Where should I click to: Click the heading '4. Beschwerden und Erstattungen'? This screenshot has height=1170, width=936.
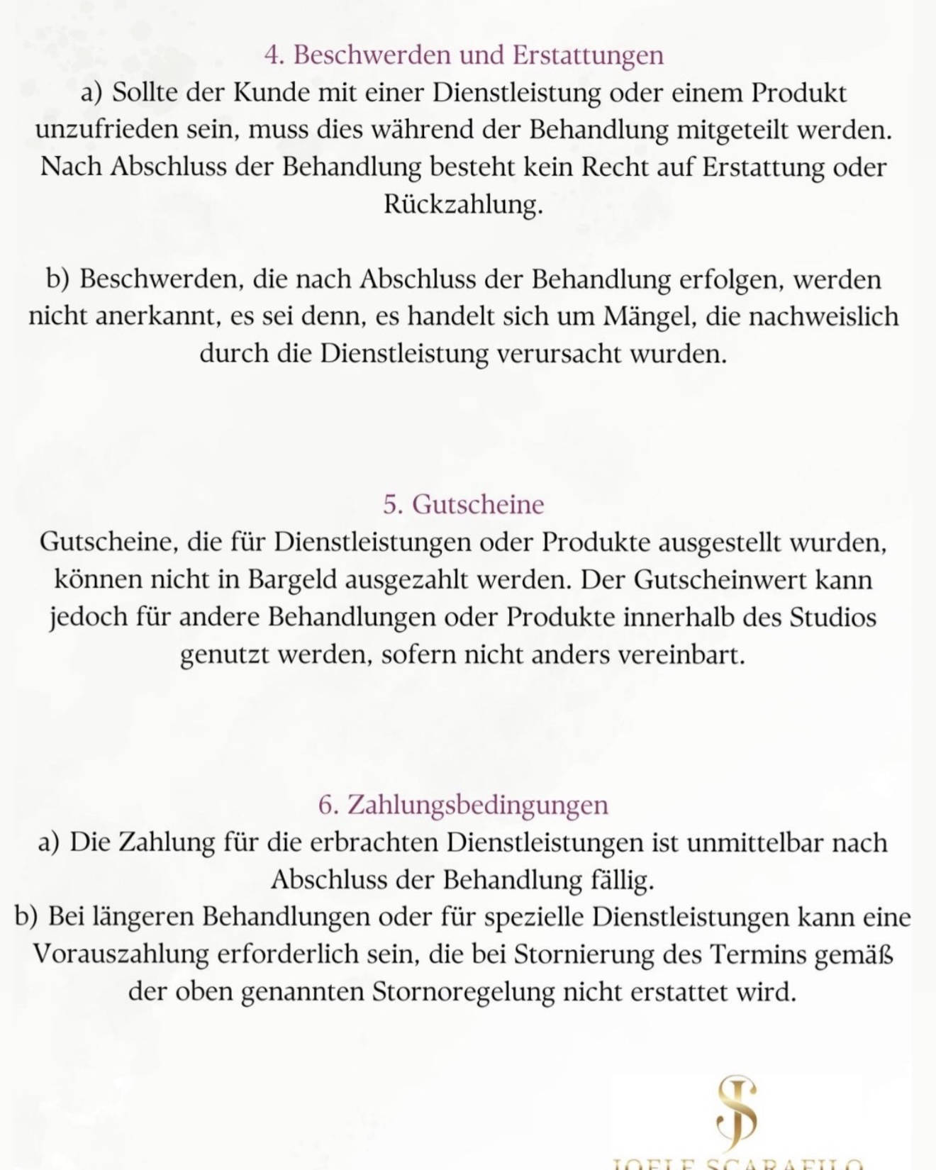464,55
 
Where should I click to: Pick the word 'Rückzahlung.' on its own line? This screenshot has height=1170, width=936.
464,205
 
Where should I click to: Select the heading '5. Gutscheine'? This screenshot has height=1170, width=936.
464,505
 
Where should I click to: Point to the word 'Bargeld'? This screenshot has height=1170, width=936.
292,580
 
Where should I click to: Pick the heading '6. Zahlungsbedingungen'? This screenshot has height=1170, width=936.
464,806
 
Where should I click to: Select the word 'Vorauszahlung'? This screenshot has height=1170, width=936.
121,954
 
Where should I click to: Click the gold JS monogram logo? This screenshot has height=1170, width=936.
736,1111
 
